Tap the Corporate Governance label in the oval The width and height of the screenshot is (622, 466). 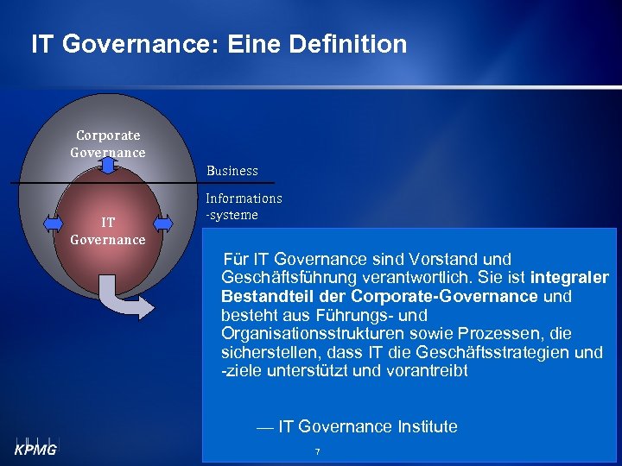[x=108, y=144]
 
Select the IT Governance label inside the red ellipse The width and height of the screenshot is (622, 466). [x=107, y=231]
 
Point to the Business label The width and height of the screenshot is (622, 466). [x=232, y=171]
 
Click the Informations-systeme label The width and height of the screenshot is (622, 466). [x=243, y=206]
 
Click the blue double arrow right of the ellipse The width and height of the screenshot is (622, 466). [x=161, y=223]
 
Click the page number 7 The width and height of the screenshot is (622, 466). [x=318, y=452]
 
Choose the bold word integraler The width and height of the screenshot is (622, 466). [x=569, y=278]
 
